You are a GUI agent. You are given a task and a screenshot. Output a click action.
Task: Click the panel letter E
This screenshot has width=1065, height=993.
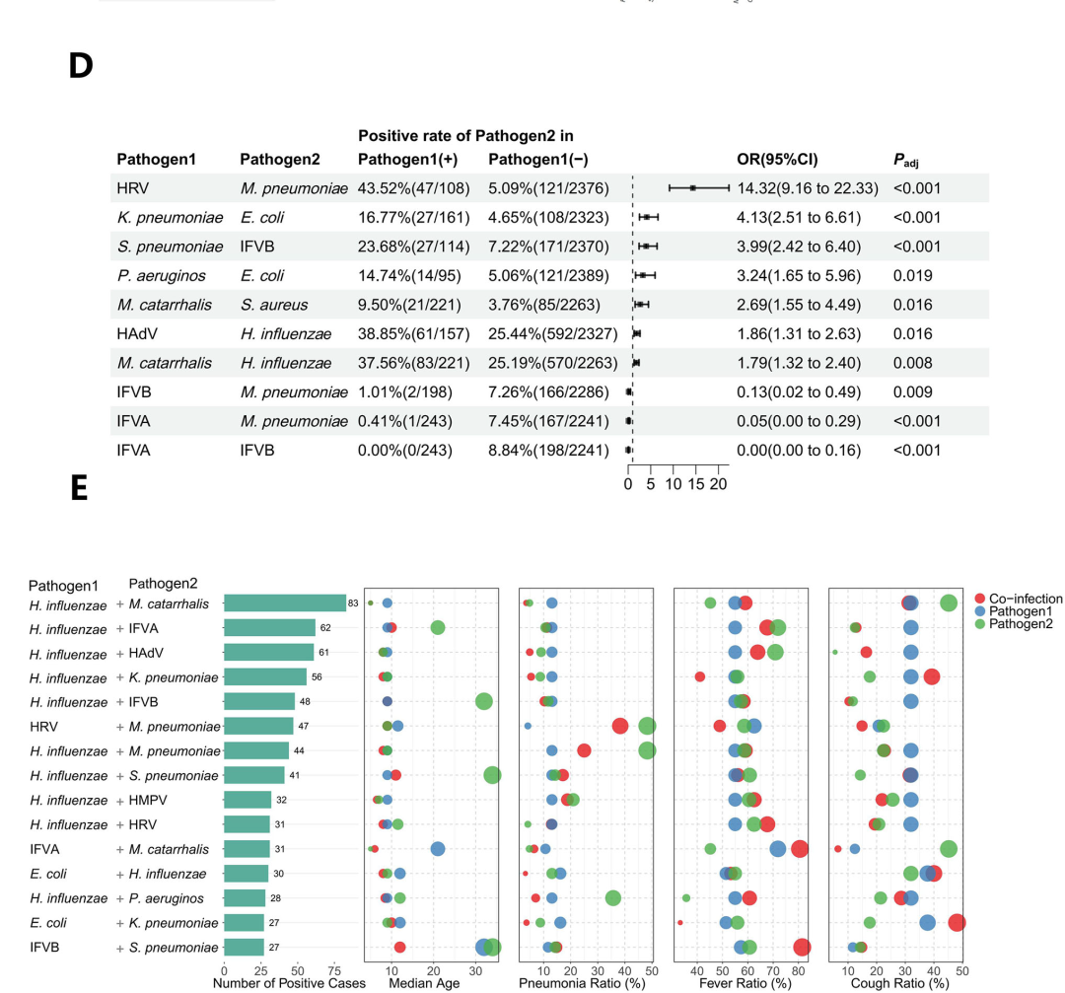point(80,487)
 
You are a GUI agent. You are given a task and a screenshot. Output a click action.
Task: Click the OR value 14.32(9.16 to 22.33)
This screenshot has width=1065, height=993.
point(808,188)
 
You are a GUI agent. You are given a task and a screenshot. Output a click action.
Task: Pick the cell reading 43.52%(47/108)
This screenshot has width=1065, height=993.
point(413,188)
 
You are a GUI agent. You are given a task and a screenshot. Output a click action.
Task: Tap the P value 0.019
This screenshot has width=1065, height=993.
point(913,275)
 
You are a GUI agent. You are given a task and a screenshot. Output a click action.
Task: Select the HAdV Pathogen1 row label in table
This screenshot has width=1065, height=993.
point(135,334)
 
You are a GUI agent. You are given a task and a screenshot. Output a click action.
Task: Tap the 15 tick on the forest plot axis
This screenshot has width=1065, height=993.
point(696,484)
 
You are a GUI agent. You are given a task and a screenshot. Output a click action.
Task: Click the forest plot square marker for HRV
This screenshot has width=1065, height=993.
point(693,187)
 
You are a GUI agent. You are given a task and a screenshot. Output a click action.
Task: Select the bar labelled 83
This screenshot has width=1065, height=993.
point(284,603)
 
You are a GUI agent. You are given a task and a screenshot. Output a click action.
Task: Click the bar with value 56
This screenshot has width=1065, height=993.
point(265,676)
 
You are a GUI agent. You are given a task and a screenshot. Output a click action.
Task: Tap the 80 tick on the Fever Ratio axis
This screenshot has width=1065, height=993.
point(799,970)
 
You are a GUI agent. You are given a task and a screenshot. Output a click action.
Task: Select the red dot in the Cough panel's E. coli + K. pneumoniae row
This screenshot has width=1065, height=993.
point(956,922)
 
